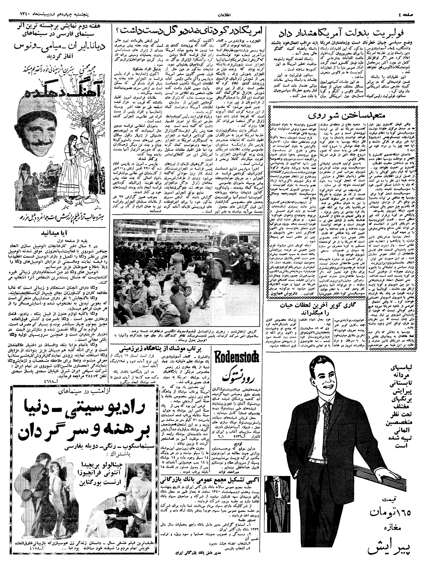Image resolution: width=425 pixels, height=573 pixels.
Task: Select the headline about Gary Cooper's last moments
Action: [316, 308]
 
